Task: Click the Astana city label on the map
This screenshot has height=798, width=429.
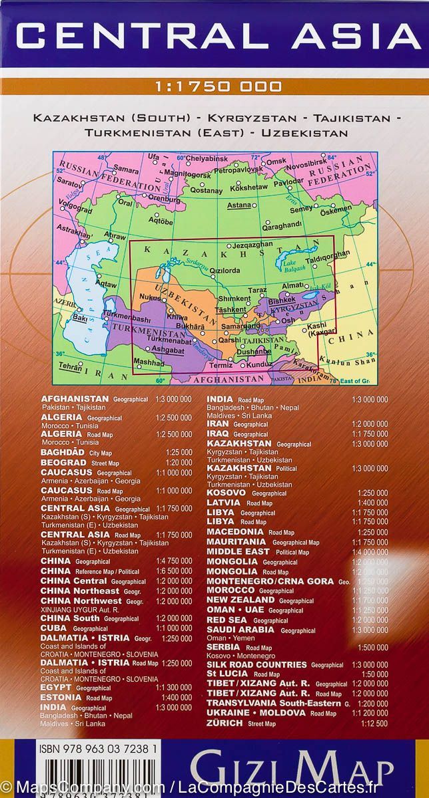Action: point(238,205)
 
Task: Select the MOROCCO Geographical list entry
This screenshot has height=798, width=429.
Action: point(250,591)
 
